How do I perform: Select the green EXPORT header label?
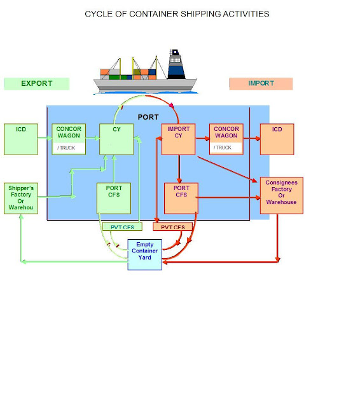[36, 83]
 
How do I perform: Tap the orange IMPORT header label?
[261, 83]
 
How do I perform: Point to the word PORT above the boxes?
[148, 118]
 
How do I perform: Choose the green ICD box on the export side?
[21, 139]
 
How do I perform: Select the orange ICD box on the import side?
[277, 139]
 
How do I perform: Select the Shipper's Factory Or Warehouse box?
[20, 198]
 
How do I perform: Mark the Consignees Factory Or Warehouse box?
[280, 195]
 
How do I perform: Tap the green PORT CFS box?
[113, 198]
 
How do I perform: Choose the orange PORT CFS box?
[181, 198]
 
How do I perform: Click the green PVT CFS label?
[122, 226]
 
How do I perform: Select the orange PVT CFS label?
[172, 226]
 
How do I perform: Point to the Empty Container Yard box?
[144, 254]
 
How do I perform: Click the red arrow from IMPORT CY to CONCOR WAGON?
[202, 135]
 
